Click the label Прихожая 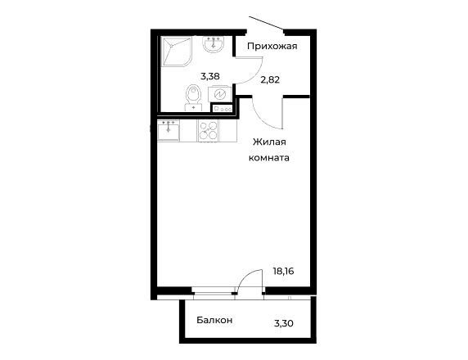click(x=272, y=47)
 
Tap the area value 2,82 click(x=270, y=79)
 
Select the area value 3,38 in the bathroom click(x=210, y=76)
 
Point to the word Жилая click(x=269, y=142)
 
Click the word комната click(x=269, y=158)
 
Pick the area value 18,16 click(x=284, y=272)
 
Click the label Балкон click(x=214, y=320)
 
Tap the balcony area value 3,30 click(x=284, y=323)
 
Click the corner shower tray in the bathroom click(x=177, y=52)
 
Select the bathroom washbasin click(x=213, y=44)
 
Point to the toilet click(x=194, y=98)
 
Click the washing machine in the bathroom click(x=219, y=94)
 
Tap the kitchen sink click(x=169, y=130)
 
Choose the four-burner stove click(x=208, y=131)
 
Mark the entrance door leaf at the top click(x=266, y=23)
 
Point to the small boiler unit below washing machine click(x=223, y=108)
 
